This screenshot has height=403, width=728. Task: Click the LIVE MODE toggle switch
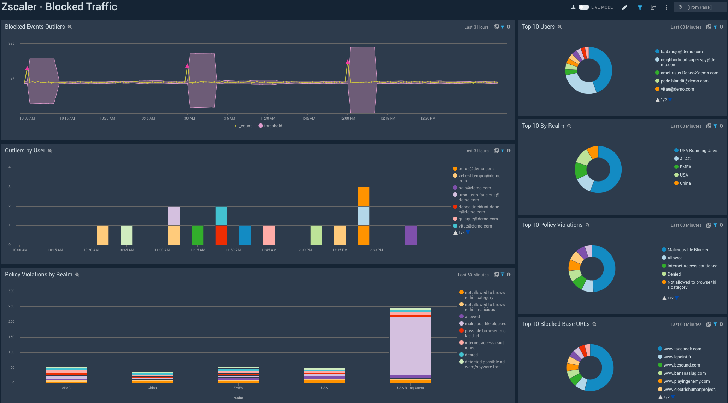(583, 7)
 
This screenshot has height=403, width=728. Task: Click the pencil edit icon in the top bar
(625, 7)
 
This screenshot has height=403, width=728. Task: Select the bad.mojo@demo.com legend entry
(681, 52)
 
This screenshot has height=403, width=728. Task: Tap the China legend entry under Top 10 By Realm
(685, 183)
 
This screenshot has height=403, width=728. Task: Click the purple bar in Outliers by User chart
(411, 235)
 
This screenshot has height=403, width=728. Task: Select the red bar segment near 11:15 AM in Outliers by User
(221, 235)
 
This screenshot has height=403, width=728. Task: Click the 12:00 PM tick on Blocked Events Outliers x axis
(348, 119)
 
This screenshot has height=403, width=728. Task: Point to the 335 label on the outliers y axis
(12, 44)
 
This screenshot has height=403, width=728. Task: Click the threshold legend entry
(272, 126)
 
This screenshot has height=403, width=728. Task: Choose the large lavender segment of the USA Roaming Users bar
(410, 346)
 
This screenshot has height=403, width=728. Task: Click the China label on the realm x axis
(152, 388)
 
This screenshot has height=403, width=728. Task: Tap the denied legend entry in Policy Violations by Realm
(471, 355)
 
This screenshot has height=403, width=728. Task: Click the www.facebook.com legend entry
(682, 349)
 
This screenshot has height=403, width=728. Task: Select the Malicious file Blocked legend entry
(688, 250)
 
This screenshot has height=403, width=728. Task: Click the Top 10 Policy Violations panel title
(552, 225)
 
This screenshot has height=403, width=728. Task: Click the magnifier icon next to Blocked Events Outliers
(70, 27)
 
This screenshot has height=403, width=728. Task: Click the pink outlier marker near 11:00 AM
(187, 66)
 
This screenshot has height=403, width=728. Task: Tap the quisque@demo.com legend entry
(478, 219)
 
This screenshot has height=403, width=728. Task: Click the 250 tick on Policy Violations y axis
(12, 306)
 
